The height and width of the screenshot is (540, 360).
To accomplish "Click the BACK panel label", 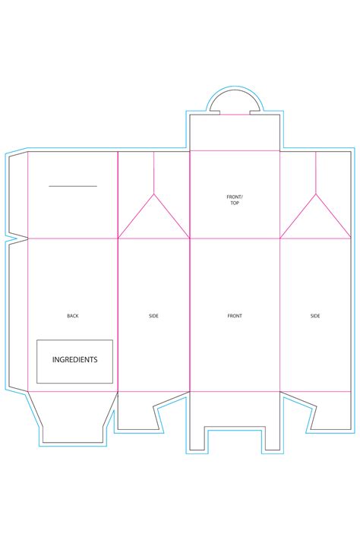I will coord(73,315).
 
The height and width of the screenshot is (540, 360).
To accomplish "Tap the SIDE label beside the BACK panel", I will coord(154,315).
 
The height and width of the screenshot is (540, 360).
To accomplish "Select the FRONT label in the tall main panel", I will coord(235,315).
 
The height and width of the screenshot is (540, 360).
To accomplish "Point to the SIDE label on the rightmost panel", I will coord(315,315).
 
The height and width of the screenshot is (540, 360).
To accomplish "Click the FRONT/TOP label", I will coord(235,200).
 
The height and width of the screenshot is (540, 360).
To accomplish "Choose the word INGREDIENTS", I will coord(74,360).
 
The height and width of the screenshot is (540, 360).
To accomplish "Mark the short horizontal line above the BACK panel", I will coord(73,186).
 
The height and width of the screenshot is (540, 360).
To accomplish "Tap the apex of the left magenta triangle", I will coord(154,194).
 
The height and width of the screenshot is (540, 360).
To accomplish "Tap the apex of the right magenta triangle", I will coord(315,194).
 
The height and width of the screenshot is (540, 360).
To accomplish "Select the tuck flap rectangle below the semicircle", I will coord(235,132).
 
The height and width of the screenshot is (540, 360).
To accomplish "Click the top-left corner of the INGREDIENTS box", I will coord(37,340).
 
